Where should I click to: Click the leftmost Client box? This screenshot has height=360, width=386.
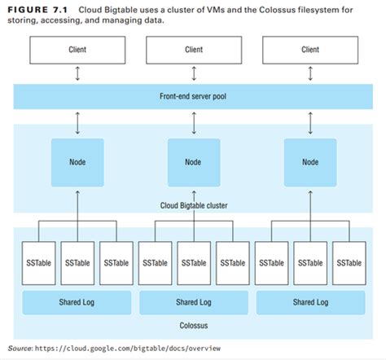[77, 50]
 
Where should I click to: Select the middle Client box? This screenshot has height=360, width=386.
[193, 50]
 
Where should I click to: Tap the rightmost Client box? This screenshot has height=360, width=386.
[309, 50]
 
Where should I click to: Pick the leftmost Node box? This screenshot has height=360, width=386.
[77, 162]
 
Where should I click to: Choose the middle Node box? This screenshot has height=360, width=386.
[193, 162]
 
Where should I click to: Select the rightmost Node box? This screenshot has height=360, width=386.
[309, 162]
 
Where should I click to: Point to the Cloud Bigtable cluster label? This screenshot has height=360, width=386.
[193, 204]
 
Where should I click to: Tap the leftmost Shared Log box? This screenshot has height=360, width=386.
[77, 301]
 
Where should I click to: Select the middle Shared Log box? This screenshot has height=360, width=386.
[193, 301]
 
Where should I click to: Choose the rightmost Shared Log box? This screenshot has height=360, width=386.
[309, 301]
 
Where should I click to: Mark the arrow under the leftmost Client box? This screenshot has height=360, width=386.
[77, 74]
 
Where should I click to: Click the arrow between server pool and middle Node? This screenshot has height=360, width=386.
[193, 123]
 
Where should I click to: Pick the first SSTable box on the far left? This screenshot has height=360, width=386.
[38, 263]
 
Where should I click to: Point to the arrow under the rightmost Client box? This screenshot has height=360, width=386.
[309, 74]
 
